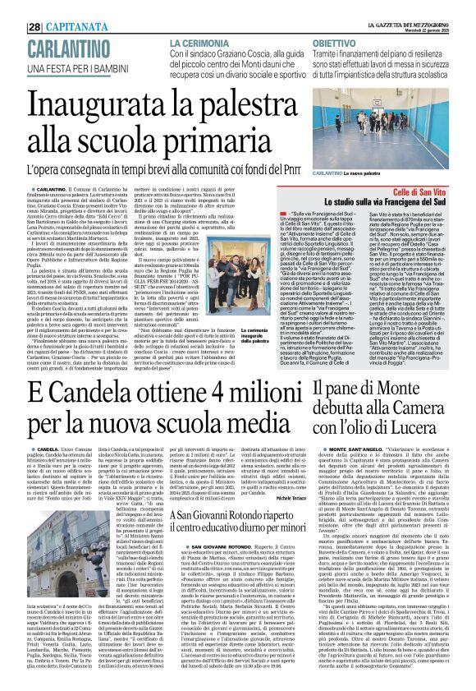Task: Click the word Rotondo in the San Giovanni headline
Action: (262, 515)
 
